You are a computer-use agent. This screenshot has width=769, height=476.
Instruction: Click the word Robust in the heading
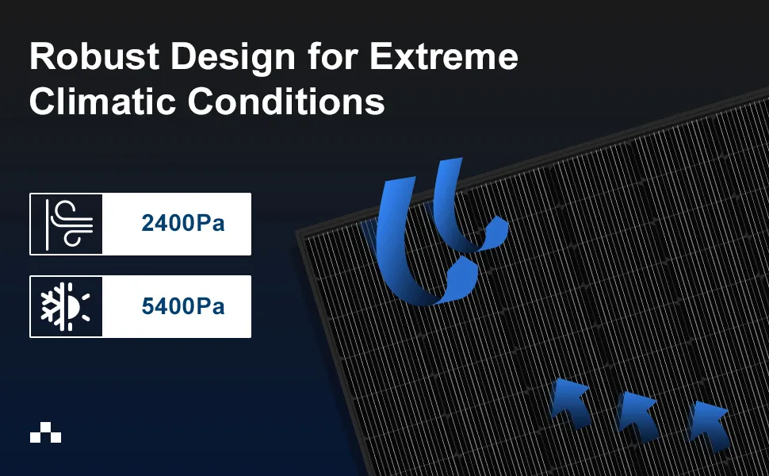click(94, 56)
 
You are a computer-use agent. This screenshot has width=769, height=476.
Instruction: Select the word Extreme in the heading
click(444, 56)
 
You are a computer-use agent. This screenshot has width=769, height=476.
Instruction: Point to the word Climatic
click(102, 101)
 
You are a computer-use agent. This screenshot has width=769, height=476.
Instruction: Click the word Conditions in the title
click(286, 101)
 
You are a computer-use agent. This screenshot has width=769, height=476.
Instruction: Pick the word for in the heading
click(332, 56)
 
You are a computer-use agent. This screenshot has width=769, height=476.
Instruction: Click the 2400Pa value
click(183, 223)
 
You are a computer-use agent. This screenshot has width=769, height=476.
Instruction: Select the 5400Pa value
click(183, 306)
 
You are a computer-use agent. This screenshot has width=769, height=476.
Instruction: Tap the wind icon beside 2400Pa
click(69, 225)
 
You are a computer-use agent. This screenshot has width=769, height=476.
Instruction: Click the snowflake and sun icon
click(65, 307)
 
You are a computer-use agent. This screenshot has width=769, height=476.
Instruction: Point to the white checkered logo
click(46, 432)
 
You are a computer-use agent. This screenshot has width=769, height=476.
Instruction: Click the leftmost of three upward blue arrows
click(570, 403)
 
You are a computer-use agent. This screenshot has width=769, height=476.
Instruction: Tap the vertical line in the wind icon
click(47, 225)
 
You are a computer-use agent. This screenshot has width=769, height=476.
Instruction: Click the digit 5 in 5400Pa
click(148, 306)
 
